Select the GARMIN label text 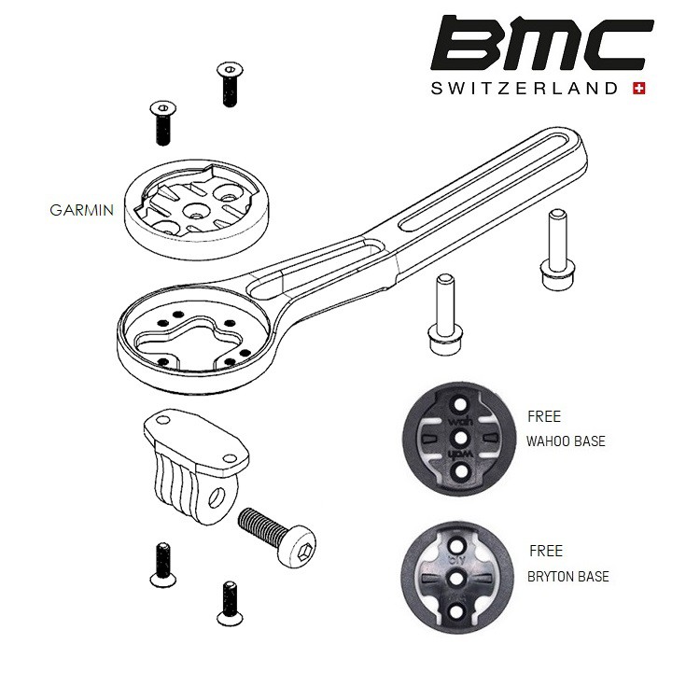pos(82,209)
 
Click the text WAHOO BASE pos(567,441)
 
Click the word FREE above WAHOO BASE pos(544,417)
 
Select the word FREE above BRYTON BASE pos(545,552)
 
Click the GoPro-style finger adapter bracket pos(191,456)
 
